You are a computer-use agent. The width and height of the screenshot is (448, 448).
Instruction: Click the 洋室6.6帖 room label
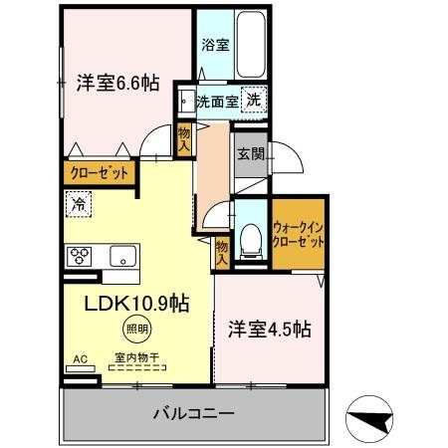click(x=116, y=85)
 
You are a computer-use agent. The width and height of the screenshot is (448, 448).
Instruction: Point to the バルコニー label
click(x=193, y=411)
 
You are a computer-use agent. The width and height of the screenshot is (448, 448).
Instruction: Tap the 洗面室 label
click(x=216, y=101)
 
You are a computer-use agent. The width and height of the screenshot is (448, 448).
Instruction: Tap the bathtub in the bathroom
click(x=247, y=40)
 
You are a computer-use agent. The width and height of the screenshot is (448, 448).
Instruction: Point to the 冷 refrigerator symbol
click(x=79, y=204)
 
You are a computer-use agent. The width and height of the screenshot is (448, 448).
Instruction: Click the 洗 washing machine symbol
click(x=256, y=100)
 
